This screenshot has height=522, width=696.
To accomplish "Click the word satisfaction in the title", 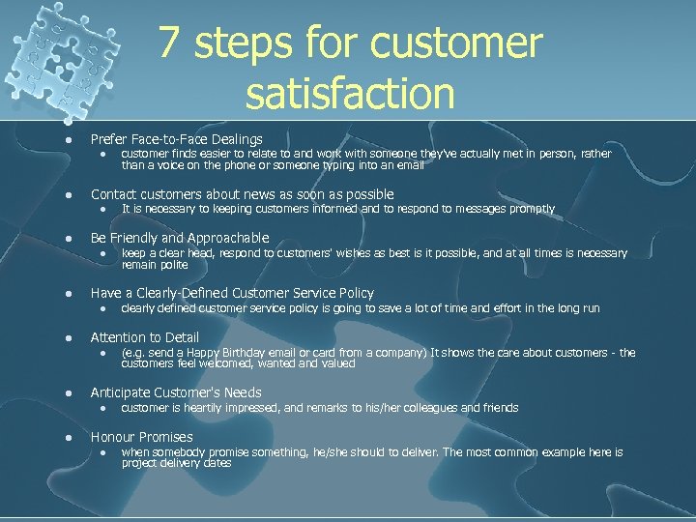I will (350, 94).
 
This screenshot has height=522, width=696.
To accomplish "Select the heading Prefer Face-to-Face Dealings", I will (176, 139).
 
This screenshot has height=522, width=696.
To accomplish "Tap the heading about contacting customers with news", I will (242, 193).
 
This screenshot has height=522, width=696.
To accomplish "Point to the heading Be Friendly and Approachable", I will (180, 238).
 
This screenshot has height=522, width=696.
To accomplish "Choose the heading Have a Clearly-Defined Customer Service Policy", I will (232, 293).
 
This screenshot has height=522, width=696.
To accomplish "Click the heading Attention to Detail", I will (145, 337).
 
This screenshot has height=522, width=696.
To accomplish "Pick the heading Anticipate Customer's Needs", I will (176, 392).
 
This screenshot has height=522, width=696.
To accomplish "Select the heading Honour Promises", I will (141, 437).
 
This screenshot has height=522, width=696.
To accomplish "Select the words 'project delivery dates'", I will (177, 463).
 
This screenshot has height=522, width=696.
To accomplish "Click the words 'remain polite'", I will (155, 264).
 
